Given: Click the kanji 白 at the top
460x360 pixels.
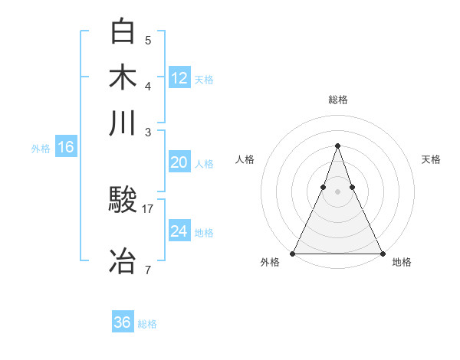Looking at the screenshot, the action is [x=123, y=31].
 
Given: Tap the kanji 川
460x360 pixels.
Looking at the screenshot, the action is [x=123, y=123].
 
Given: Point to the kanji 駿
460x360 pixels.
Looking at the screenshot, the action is [x=123, y=200].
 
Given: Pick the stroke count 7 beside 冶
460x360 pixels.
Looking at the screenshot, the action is [x=148, y=269].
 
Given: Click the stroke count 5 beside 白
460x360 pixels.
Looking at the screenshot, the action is [x=148, y=40].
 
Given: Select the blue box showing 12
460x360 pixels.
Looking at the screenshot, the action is [x=179, y=77].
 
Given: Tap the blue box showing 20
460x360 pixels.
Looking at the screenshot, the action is [x=179, y=162].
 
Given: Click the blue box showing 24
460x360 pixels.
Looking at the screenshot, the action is [x=179, y=231].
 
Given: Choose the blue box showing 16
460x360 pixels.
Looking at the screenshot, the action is [x=66, y=147].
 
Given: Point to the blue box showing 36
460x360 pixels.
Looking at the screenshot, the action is [x=123, y=322].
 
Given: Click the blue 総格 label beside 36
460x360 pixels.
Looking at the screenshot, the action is [x=147, y=324].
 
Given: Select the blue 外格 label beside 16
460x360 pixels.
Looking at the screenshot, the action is [x=41, y=149].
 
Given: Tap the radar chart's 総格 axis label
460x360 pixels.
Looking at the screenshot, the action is [x=337, y=100].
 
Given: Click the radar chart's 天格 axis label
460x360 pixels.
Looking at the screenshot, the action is [x=432, y=159].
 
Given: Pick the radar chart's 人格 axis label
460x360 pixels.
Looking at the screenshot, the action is [x=245, y=159].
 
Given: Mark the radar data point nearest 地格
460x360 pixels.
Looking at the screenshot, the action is [x=382, y=253].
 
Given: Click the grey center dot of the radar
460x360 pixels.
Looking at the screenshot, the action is [x=337, y=191].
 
